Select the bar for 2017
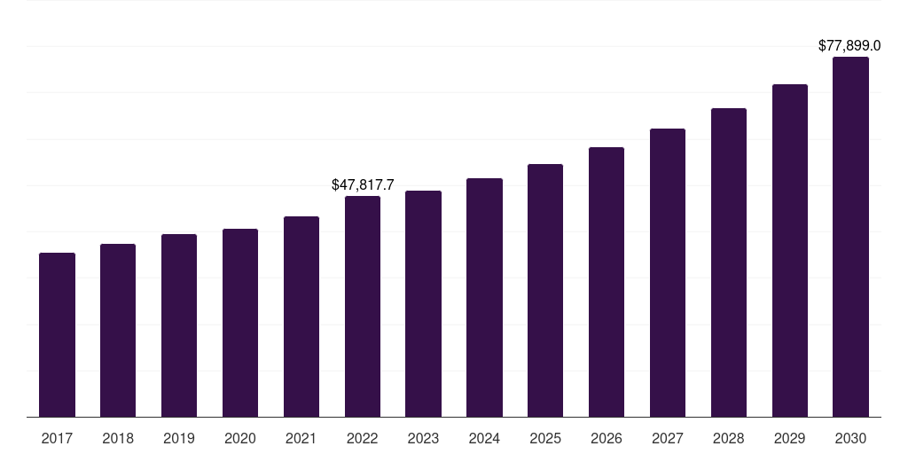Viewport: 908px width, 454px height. (x=57, y=334)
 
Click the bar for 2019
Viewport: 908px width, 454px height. (x=179, y=325)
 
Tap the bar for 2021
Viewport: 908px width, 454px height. (x=301, y=317)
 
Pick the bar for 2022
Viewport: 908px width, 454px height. (x=363, y=306)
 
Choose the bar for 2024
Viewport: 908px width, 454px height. (x=485, y=298)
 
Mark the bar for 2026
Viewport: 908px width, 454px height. (x=607, y=282)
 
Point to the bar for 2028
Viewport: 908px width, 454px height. (x=729, y=262)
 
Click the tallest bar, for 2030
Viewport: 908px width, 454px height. (x=850, y=237)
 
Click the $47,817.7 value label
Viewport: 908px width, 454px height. (x=363, y=184)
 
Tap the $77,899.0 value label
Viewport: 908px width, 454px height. (x=849, y=46)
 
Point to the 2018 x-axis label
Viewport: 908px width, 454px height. (x=118, y=438)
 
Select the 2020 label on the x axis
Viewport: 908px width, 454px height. (x=240, y=438)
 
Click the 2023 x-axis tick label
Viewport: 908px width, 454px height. (x=423, y=438)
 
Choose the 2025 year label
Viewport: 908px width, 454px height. (x=545, y=438)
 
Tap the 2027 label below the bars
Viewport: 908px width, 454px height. (x=668, y=438)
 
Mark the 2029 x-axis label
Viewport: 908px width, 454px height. (x=790, y=438)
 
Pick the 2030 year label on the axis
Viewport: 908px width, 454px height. (x=850, y=438)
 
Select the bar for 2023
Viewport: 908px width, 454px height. (x=423, y=303)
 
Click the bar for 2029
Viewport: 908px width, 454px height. (x=790, y=251)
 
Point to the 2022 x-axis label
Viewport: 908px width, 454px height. (x=363, y=438)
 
